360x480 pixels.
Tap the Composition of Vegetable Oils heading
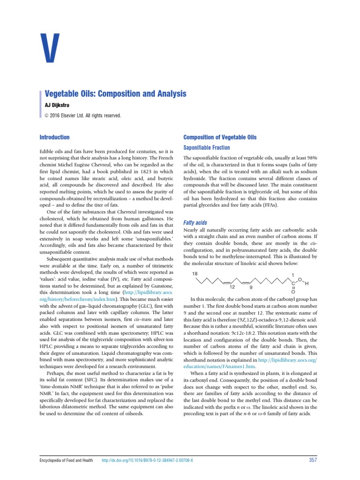click(x=220, y=137)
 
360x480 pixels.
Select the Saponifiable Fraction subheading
click(x=207, y=148)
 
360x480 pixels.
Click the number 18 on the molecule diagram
click(x=195, y=274)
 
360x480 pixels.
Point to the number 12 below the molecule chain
click(x=232, y=288)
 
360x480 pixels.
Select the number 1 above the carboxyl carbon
click(x=293, y=274)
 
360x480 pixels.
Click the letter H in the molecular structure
click(x=306, y=284)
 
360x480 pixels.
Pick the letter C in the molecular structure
click(x=294, y=283)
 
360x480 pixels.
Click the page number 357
click(x=313, y=460)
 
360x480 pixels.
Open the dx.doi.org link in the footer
click(x=148, y=461)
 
